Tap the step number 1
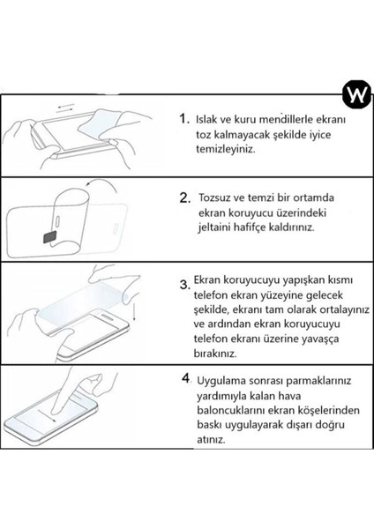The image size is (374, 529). point(183,118)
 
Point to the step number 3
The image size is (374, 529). point(184,284)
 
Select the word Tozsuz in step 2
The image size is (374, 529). point(219,196)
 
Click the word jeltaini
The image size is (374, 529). point(217,227)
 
